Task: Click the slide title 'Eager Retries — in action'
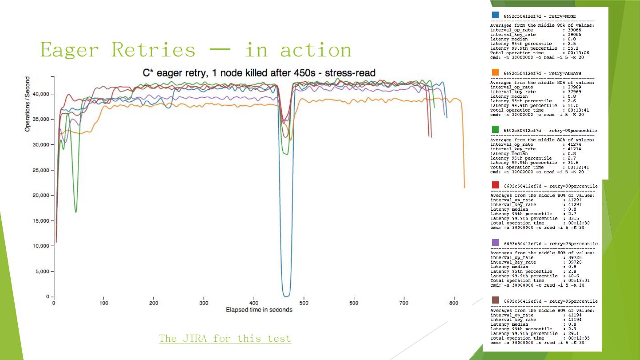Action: point(196,49)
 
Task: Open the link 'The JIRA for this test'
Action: point(225,339)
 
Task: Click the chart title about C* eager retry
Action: point(259,73)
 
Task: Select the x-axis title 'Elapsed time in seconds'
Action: point(259,309)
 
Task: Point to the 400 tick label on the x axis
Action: point(254,303)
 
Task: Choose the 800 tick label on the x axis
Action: point(454,303)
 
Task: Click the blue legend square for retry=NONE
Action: point(495,15)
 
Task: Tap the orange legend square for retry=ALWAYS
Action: point(495,72)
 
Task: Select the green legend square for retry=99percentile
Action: point(495,129)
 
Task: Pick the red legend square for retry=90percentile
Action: point(495,185)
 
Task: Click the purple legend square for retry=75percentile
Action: point(495,243)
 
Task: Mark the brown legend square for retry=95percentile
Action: point(495,300)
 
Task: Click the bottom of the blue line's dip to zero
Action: point(287,295)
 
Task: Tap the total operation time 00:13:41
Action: point(578,110)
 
